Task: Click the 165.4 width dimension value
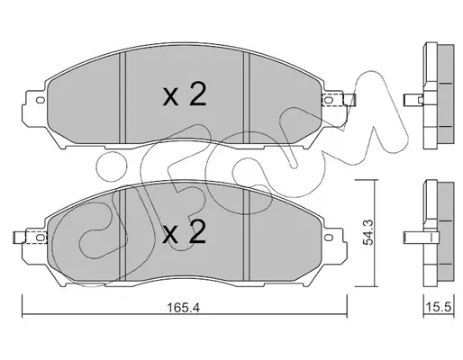pos(184,308)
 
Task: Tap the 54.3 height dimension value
pos(368,232)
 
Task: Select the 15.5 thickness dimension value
pos(439,308)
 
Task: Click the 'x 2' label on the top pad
pos(185,94)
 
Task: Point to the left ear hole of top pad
pos(40,100)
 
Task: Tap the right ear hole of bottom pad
pos(329,237)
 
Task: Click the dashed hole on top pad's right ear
pos(329,99)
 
